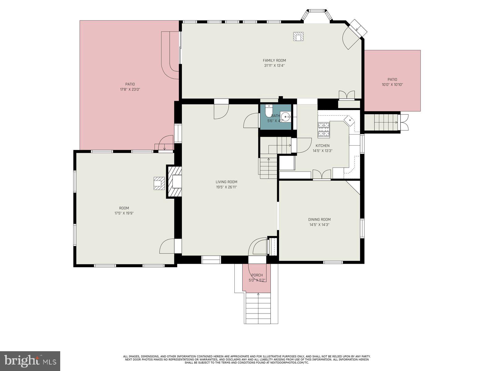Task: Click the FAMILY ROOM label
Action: click(x=274, y=61)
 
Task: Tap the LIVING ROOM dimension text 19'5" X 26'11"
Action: click(x=226, y=187)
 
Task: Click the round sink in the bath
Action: click(x=286, y=117)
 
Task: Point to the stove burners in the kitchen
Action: click(x=324, y=129)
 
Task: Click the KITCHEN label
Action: click(x=322, y=146)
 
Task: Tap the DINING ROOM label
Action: click(x=319, y=220)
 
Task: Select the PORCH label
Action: click(x=257, y=275)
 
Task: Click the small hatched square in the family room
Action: click(x=298, y=36)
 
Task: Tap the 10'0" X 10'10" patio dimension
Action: click(x=392, y=84)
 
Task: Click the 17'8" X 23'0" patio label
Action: click(x=130, y=89)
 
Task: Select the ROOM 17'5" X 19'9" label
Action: click(x=124, y=211)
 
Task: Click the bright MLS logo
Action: click(x=30, y=360)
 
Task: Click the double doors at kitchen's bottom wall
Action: click(x=321, y=175)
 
